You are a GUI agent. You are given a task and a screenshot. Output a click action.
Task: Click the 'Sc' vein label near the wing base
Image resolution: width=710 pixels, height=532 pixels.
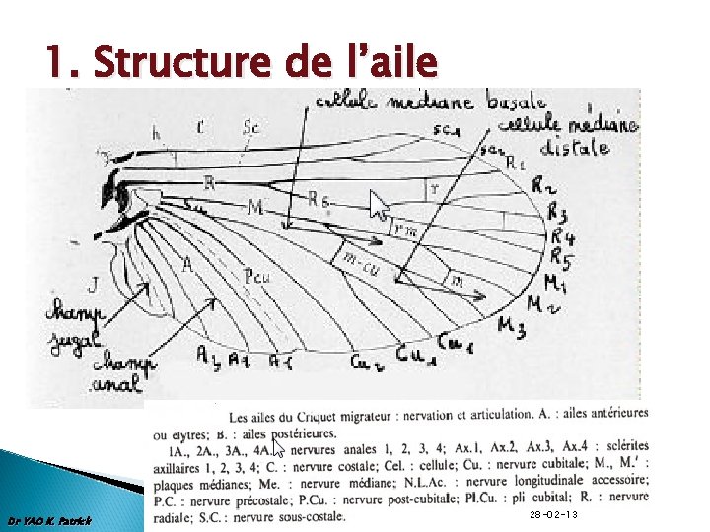pyautogui.click(x=251, y=127)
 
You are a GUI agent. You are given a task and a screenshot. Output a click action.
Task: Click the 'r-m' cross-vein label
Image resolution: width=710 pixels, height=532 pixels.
pyautogui.click(x=403, y=229)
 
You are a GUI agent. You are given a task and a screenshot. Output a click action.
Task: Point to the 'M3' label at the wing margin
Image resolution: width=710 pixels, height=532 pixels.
pyautogui.click(x=512, y=326)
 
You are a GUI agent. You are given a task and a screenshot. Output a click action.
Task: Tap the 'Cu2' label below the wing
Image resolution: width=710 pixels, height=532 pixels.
pyautogui.click(x=363, y=362)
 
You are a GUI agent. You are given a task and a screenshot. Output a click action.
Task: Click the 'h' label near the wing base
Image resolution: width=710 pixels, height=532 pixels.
pyautogui.click(x=156, y=132)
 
